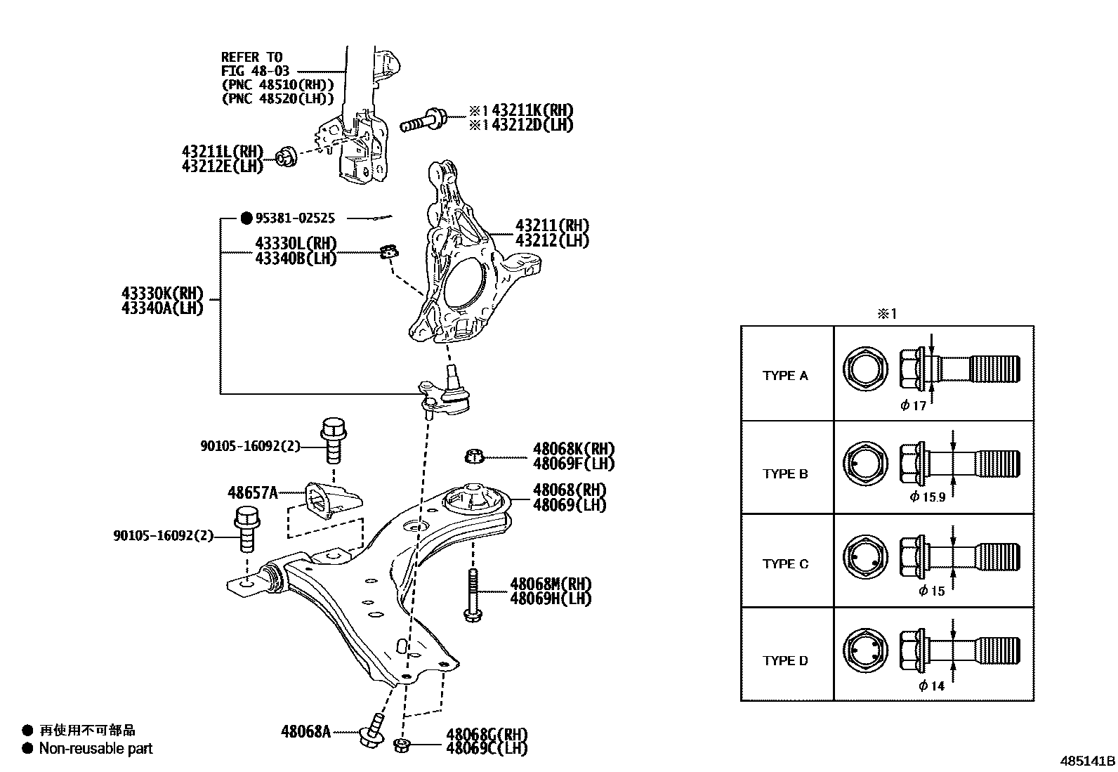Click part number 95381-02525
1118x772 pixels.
pyautogui.click(x=295, y=218)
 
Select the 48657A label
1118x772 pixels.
pyautogui.click(x=253, y=492)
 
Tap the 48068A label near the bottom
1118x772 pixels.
pyautogui.click(x=305, y=732)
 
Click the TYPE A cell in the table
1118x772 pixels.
pyautogui.click(x=785, y=376)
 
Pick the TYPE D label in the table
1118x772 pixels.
pyautogui.click(x=785, y=661)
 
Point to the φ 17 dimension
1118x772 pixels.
pyautogui.click(x=914, y=405)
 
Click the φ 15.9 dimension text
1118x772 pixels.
pyautogui.click(x=928, y=497)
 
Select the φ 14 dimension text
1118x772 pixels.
pyautogui.click(x=932, y=686)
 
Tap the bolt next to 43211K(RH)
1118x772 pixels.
pyautogui.click(x=425, y=122)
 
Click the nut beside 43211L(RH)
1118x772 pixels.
pyautogui.click(x=286, y=157)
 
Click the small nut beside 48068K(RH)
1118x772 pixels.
pyautogui.click(x=474, y=457)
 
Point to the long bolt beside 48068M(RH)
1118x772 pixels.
pyautogui.click(x=473, y=594)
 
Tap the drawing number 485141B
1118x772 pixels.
pyautogui.click(x=1088, y=761)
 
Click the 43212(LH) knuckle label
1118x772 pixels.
pyautogui.click(x=552, y=241)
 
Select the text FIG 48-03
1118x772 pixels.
pyautogui.click(x=255, y=71)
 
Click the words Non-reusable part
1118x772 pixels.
pyautogui.click(x=96, y=749)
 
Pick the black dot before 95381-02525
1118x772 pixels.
pyautogui.click(x=246, y=218)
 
